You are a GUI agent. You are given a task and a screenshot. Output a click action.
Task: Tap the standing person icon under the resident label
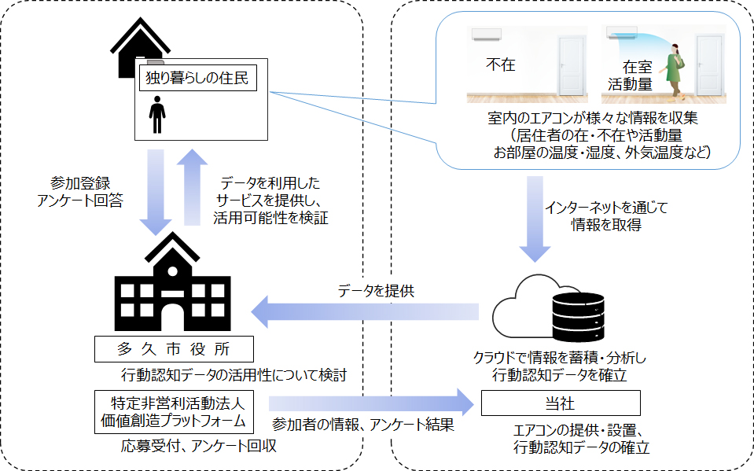pyautogui.click(x=157, y=115)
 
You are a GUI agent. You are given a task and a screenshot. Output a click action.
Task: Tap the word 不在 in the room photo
pyautogui.click(x=501, y=64)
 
